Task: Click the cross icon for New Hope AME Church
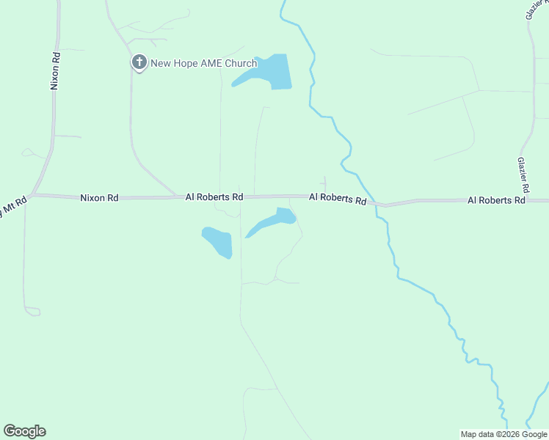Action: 139,62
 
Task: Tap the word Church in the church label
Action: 240,63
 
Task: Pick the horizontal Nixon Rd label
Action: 99,197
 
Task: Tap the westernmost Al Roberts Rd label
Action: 214,197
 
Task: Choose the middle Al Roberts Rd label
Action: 338,198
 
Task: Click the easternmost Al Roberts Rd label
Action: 497,199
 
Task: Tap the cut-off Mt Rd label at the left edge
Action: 11,207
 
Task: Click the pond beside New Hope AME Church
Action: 268,72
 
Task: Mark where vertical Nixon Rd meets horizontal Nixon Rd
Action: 33,195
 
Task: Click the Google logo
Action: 24,431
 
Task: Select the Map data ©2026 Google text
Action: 503,434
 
